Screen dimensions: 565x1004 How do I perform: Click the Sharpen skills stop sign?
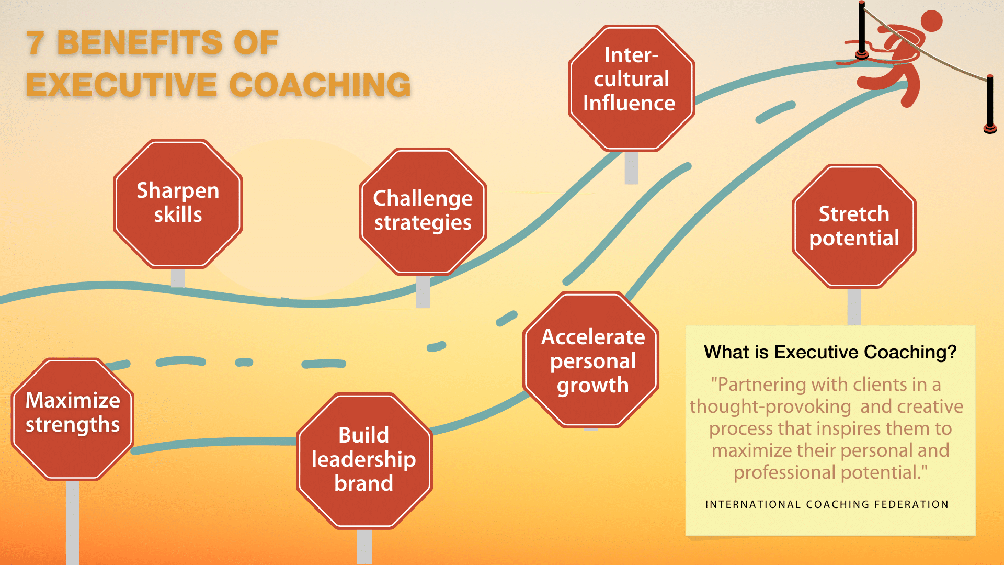(x=178, y=204)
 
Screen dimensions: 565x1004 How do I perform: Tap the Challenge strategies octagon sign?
(x=423, y=211)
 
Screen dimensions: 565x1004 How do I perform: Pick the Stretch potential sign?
(x=854, y=226)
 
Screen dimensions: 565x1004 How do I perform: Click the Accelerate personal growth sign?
(x=591, y=360)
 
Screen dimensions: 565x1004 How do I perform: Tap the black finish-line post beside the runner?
(x=862, y=29)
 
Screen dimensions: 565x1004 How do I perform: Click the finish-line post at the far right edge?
(x=990, y=102)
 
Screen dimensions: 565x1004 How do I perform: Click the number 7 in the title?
(x=36, y=43)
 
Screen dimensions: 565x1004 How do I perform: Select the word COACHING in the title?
(x=320, y=85)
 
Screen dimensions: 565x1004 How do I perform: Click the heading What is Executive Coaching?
(x=830, y=352)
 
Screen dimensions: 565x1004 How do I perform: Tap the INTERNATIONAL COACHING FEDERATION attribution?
(x=827, y=504)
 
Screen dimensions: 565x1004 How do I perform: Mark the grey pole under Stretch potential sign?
(x=854, y=306)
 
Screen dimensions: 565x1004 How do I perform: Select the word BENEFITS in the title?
(x=139, y=43)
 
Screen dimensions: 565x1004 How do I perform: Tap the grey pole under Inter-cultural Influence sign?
(x=631, y=168)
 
